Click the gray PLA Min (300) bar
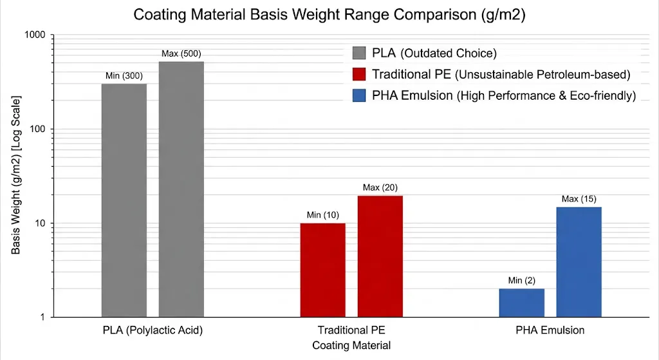point(124,200)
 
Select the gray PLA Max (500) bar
point(181,189)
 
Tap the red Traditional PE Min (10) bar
point(322,270)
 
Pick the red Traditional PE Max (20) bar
point(380,256)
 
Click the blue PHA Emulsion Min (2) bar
point(521,303)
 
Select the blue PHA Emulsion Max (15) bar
point(579,261)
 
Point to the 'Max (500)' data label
point(181,53)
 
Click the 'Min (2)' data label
point(521,280)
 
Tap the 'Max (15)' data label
point(579,198)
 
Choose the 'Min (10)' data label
point(322,214)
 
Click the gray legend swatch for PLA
point(360,53)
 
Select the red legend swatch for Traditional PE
point(360,74)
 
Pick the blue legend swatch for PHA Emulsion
point(360,96)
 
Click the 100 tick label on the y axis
point(42,129)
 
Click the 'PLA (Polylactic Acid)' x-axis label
point(153,330)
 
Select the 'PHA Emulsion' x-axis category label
point(550,330)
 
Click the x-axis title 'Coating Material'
point(351,345)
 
